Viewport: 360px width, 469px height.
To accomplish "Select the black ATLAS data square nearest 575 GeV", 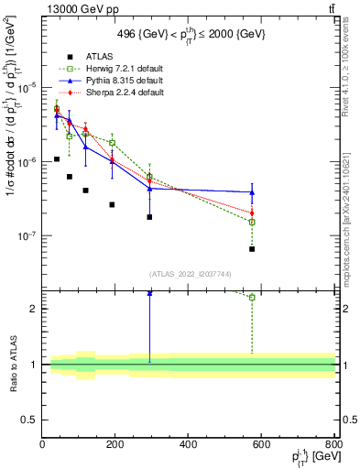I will (x=252, y=249).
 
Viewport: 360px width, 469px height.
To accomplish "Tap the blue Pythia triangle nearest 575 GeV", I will (x=252, y=192).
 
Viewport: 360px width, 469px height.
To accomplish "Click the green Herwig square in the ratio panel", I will (x=252, y=297).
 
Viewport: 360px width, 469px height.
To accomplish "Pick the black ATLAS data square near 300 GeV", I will (x=149, y=217).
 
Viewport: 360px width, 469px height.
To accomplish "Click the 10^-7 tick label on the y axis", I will (x=27, y=235).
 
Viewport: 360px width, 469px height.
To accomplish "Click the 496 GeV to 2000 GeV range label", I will (x=189, y=34).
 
